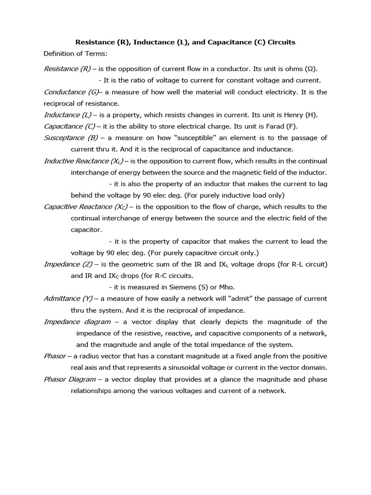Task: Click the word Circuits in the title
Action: (279, 42)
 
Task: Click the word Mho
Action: (211, 287)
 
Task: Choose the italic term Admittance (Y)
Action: (69, 299)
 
